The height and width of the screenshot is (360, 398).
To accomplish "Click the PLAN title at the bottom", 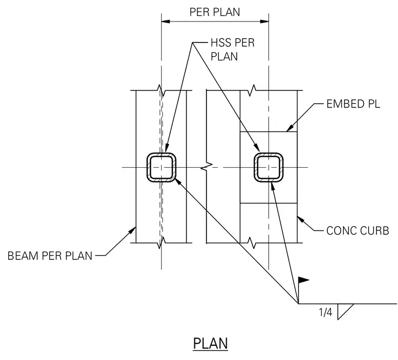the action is point(211,343).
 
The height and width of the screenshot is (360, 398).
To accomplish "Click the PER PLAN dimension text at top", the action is point(215,12).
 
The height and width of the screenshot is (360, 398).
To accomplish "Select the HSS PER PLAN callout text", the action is point(233,50).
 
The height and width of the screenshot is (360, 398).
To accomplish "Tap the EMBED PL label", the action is point(353,104).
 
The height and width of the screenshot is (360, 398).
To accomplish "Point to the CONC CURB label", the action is point(358,231).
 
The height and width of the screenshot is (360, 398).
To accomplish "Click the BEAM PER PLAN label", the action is point(50,256).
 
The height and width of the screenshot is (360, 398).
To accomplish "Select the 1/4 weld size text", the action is point(325,312).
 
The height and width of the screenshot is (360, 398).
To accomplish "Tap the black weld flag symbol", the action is point(303,280).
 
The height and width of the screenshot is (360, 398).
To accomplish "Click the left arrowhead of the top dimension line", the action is point(165,21).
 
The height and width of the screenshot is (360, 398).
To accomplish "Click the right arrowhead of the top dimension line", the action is point(264,21).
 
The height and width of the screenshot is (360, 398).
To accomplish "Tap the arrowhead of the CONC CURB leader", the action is point(301,220).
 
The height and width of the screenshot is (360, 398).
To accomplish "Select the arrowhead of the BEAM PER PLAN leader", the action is point(132,231).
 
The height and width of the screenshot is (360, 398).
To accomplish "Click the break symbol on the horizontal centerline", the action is point(207,167).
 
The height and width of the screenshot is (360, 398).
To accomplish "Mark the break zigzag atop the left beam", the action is point(161,91).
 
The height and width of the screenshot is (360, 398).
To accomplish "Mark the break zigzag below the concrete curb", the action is point(251,243).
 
